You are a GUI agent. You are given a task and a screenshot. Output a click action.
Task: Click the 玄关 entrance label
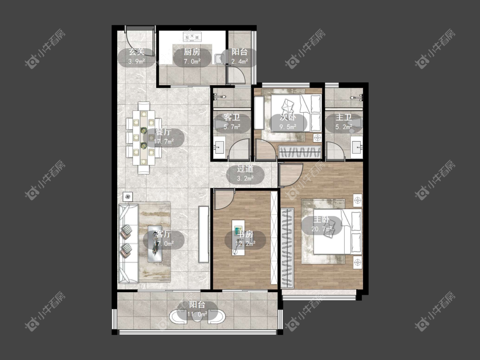point(136,52)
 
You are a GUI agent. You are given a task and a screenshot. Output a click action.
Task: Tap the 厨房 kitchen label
point(192,52)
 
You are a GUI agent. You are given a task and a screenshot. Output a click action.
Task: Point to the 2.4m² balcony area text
point(239,61)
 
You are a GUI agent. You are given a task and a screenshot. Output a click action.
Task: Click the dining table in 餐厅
point(143,138)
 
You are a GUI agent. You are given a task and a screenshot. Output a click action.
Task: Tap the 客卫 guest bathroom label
point(232,118)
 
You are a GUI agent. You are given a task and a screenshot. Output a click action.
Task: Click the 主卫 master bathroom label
point(343,118)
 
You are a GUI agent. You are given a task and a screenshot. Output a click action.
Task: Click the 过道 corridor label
point(245,169)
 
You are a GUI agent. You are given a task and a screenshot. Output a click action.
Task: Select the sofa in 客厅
point(128,244)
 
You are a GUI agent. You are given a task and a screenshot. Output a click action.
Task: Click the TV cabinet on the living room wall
point(204,235)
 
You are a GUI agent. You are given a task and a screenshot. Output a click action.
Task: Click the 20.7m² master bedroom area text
point(322,229)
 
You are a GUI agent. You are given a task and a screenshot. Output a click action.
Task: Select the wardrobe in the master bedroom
point(287,248)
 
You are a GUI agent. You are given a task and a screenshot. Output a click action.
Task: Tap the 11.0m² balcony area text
point(198,314)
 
